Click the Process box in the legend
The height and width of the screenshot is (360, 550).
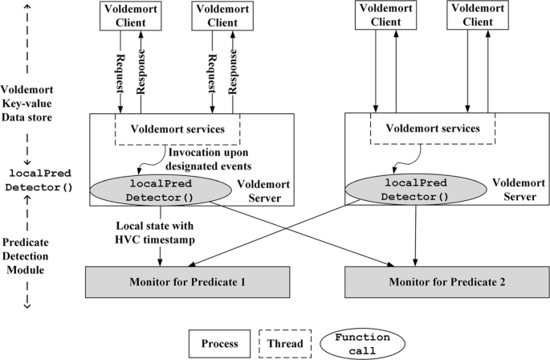[x=221, y=343]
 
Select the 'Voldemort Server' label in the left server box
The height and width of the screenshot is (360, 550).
[x=260, y=190]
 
